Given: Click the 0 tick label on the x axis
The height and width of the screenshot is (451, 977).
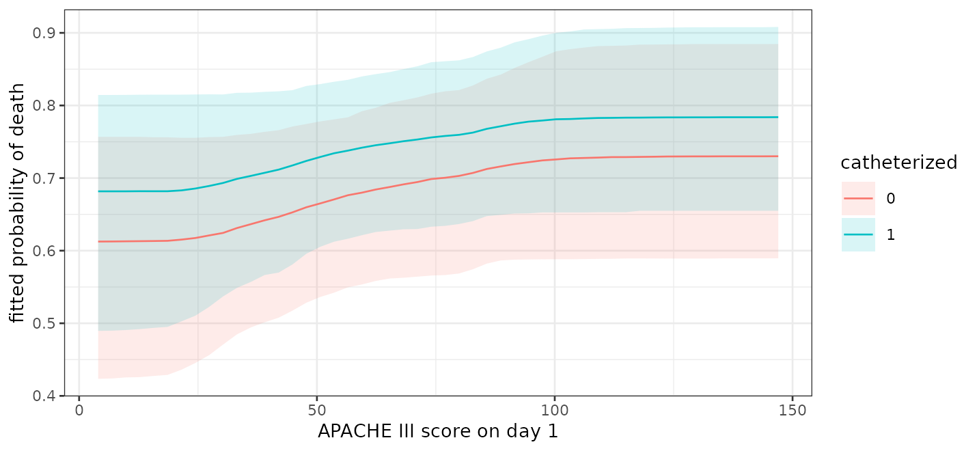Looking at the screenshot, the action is point(79,411).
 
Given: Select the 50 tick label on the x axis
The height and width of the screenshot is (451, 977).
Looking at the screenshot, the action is point(316,411).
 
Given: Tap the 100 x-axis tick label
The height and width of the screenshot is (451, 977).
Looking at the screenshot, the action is point(554,411).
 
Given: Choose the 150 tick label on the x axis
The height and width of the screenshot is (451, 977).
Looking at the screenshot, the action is point(792,411).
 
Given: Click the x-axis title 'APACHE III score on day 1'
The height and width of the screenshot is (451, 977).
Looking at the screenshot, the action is point(438,431).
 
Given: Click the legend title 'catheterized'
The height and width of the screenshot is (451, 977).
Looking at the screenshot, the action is point(899,162).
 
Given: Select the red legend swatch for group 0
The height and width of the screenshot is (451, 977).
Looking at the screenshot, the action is point(858,198).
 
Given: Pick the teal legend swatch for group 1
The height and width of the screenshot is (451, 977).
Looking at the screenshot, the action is point(858,234).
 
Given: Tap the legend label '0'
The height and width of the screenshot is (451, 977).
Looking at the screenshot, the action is point(891,199).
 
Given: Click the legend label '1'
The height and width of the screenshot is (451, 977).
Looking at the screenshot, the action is point(891,235).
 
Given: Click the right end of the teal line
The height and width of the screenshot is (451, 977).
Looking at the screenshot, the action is point(778,118).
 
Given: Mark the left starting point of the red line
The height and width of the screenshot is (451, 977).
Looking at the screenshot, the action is point(98,242).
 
